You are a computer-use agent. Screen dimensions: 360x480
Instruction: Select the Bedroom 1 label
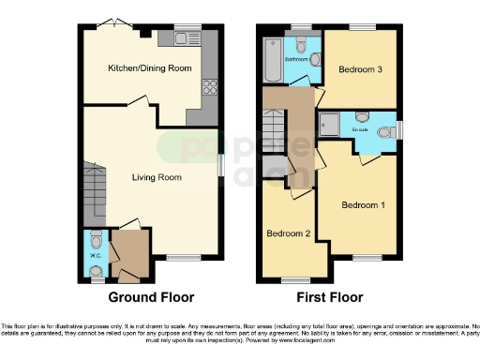pos(362,204)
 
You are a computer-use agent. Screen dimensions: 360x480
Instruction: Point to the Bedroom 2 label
pos(288,233)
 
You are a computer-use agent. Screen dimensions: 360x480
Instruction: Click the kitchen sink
pos(180,37)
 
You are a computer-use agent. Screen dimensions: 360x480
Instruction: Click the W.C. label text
pos(95,254)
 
